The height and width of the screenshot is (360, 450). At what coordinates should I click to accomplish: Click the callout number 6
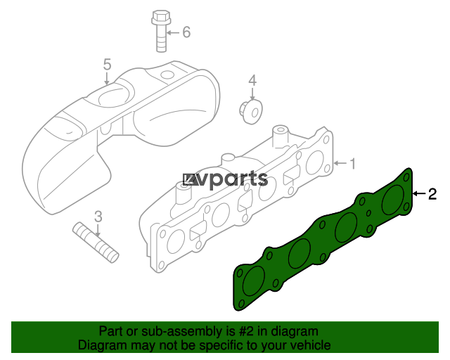(186, 32)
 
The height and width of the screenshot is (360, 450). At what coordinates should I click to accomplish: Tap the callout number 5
(107, 64)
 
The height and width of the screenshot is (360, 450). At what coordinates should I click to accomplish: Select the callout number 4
(252, 81)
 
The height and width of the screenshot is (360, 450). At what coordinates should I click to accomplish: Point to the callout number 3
(98, 217)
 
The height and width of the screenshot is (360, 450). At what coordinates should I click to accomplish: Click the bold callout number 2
(432, 194)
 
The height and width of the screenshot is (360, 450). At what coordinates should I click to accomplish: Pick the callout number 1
(352, 164)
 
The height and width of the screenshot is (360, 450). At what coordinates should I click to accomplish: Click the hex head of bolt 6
(161, 18)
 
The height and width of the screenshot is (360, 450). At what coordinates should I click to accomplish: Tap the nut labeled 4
(251, 112)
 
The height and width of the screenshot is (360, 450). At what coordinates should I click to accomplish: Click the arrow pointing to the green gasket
(419, 194)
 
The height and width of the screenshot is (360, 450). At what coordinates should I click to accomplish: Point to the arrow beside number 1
(340, 163)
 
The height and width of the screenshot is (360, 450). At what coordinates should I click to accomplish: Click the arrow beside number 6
(173, 32)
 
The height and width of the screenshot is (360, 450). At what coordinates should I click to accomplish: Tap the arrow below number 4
(252, 94)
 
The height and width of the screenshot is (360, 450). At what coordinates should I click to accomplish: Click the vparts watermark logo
(226, 180)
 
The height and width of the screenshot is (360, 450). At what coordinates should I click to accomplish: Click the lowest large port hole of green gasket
(254, 281)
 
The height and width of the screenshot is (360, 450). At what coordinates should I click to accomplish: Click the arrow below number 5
(107, 78)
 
